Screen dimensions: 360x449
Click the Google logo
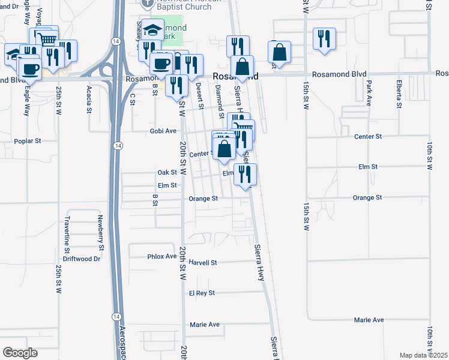pyautogui.click(x=20, y=353)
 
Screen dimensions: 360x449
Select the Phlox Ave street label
pyautogui.click(x=162, y=256)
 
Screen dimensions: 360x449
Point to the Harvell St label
pyautogui.click(x=202, y=263)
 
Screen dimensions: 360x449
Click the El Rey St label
pyautogui.click(x=202, y=293)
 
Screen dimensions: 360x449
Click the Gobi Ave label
pyautogui.click(x=163, y=131)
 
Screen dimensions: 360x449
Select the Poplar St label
pyautogui.click(x=27, y=142)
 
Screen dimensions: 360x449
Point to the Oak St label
pyautogui.click(x=167, y=172)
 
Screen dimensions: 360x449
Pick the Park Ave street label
pyautogui.click(x=369, y=93)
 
